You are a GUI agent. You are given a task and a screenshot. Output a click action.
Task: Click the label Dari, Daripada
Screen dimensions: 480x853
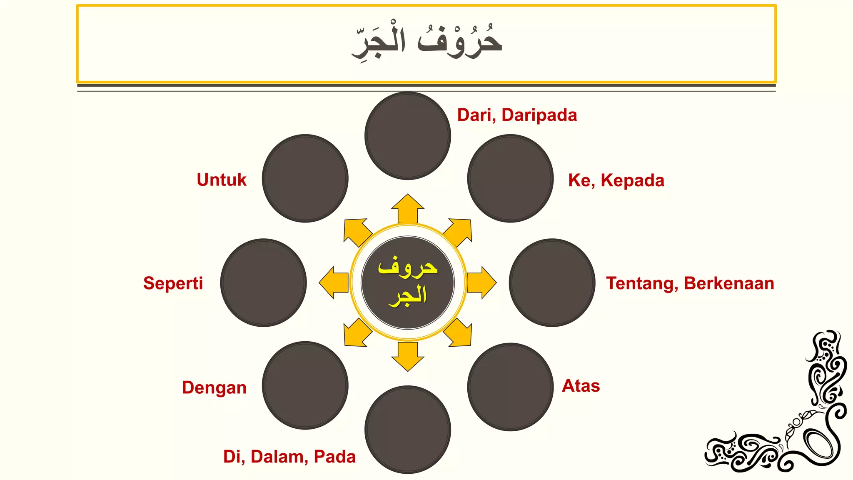(517, 115)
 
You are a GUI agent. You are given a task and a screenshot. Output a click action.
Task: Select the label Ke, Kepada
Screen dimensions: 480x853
(616, 180)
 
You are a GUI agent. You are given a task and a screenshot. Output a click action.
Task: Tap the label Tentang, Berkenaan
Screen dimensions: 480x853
(690, 283)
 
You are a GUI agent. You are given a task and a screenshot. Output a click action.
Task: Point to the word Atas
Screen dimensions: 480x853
(581, 386)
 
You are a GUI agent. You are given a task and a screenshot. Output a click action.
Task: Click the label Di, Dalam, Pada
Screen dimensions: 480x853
(289, 457)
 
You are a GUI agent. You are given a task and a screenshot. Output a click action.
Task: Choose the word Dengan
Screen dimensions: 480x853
(214, 387)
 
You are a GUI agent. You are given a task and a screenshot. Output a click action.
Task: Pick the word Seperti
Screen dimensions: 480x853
(173, 283)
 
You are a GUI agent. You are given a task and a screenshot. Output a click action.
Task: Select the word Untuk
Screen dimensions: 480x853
(222, 180)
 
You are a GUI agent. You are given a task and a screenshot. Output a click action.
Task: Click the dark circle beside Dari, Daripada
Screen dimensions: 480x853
(408, 136)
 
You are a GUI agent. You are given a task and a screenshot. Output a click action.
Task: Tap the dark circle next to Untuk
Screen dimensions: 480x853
(305, 178)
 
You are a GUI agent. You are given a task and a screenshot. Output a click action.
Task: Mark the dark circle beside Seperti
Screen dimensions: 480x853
(264, 282)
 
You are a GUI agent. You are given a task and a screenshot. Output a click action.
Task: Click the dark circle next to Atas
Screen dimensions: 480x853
(510, 387)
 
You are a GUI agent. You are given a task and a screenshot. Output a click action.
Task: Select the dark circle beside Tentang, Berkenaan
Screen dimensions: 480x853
(552, 282)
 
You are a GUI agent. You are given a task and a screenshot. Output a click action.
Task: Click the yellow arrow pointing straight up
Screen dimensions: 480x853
(408, 208)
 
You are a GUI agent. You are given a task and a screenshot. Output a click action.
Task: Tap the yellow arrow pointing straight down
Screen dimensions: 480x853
(408, 356)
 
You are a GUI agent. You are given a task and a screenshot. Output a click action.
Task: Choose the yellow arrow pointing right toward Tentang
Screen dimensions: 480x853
(481, 282)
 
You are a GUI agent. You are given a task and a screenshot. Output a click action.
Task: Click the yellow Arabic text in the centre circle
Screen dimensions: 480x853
(408, 282)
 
